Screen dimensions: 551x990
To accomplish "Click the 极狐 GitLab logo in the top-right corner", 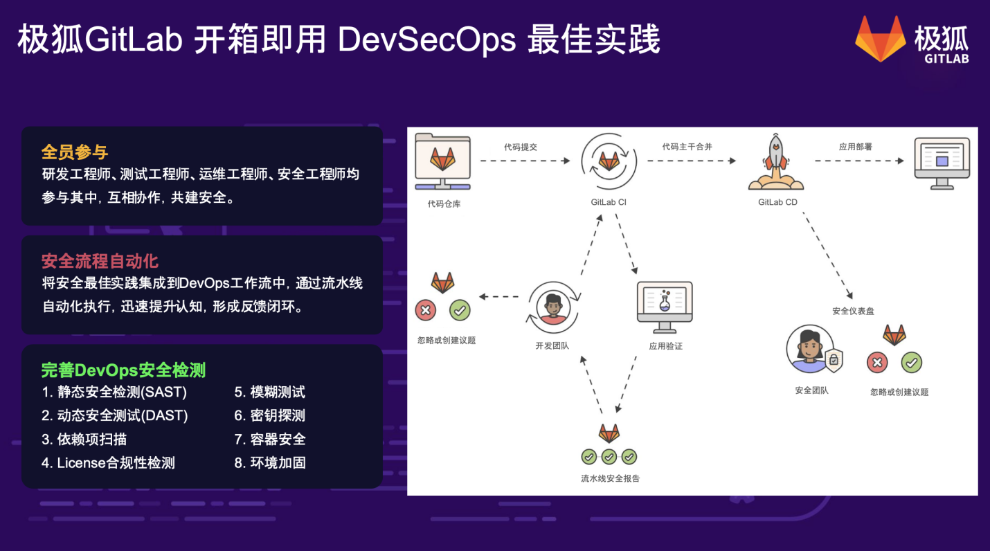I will point(910,39).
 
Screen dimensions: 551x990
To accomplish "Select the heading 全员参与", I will point(75,152).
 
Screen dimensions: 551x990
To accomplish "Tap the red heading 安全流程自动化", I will point(100,261).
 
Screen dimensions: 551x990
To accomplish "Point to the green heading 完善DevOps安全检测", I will point(123,370).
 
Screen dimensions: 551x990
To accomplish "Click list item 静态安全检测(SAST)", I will point(114,392).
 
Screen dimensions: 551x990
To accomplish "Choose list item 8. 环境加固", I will point(270,462).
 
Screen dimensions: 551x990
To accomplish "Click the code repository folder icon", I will point(442,161).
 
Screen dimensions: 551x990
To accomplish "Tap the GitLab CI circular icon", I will point(609,161).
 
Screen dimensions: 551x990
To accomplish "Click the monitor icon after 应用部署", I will point(942,162).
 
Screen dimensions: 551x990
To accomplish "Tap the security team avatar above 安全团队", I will point(809,350).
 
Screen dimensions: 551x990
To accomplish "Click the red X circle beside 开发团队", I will point(425,310).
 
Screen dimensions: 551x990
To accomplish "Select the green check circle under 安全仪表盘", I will point(911,362).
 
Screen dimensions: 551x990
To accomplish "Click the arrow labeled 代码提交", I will point(525,161).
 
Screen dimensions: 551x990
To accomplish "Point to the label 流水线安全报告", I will point(610,478).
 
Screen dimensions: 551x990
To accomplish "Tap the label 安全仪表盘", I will point(853,311).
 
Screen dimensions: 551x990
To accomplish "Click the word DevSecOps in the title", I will point(426,40).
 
